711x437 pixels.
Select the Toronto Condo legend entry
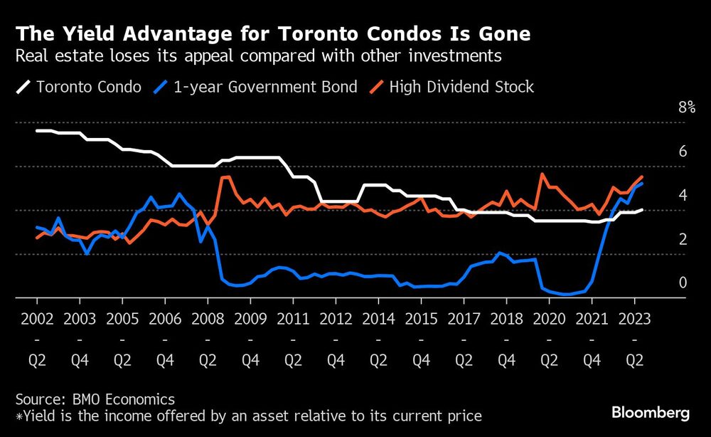[x=79, y=88]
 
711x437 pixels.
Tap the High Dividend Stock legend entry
[x=451, y=88]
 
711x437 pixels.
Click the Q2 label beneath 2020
[x=549, y=362]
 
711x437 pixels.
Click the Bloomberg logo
[x=651, y=413]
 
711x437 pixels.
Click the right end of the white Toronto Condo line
[x=642, y=210]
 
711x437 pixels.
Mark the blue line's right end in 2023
[x=643, y=184]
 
